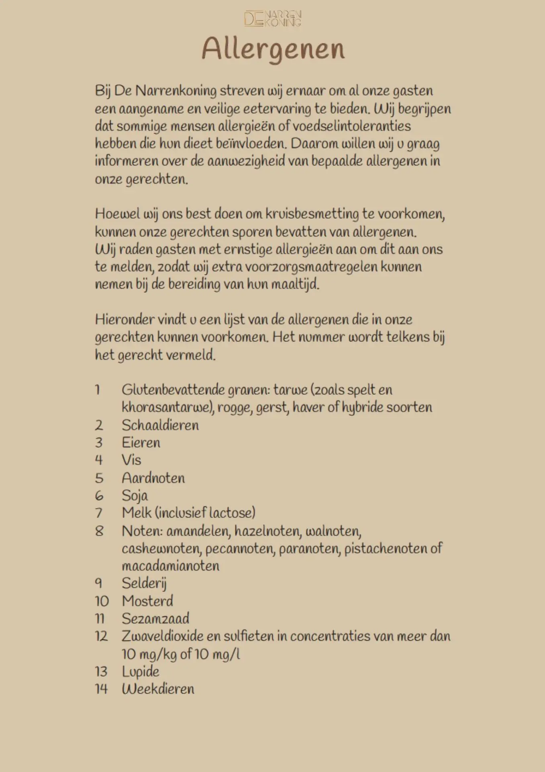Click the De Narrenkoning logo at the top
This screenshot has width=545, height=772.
273,18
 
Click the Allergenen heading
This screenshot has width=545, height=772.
273,49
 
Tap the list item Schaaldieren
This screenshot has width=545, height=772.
160,425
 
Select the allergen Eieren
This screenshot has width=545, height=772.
141,443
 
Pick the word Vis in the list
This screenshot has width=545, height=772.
131,460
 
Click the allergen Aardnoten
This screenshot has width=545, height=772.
153,478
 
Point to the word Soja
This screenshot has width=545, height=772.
135,495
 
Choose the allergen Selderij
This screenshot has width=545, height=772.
144,583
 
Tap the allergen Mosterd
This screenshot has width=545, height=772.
147,601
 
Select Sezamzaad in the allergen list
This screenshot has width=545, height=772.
155,618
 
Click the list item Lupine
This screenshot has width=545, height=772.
140,671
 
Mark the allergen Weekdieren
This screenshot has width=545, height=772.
158,689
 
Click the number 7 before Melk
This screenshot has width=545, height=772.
99,513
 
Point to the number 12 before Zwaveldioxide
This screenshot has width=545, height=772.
101,636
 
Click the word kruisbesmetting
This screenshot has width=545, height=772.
312,214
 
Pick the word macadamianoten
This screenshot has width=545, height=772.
170,566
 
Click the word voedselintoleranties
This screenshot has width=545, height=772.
351,126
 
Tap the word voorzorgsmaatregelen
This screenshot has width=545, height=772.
311,267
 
